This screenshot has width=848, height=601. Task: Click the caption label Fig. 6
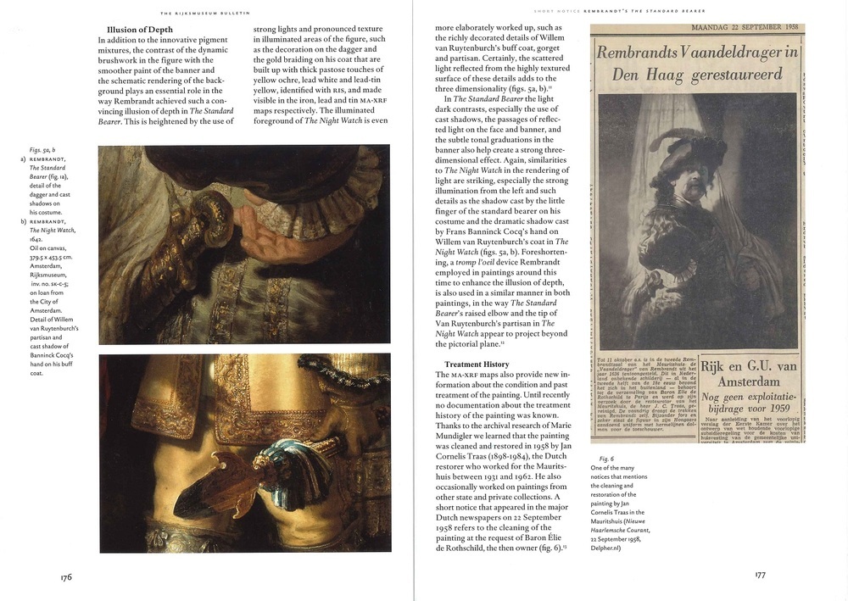[605, 458]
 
